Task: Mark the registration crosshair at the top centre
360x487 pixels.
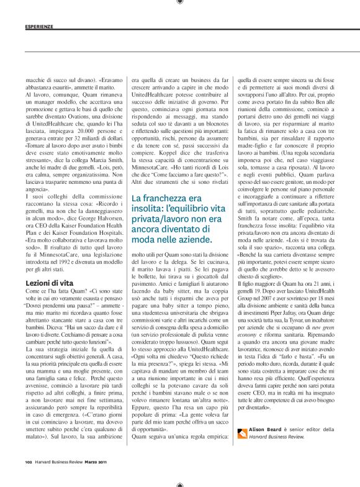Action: click(179, 4)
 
